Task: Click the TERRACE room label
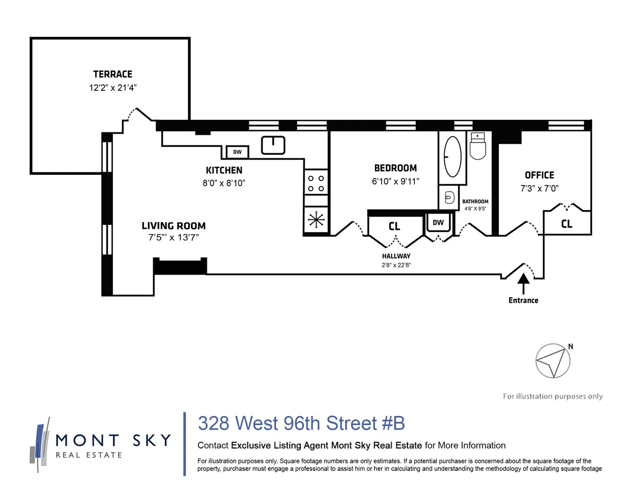coord(113,74)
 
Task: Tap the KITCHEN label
coord(224,170)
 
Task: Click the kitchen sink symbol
coord(273,145)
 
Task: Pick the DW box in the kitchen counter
coord(237,152)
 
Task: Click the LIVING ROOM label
coord(173,226)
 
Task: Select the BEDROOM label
coord(395,168)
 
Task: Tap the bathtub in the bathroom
coord(452,157)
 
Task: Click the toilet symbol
coord(479,147)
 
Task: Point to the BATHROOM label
coord(475,202)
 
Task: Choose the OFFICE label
coord(539,175)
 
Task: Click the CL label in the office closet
coord(566,224)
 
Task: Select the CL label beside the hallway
coord(394,226)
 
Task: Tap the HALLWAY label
coord(396,256)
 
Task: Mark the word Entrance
coord(523,300)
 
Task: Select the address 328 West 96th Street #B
coord(301,423)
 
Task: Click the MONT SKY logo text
coord(113,440)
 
